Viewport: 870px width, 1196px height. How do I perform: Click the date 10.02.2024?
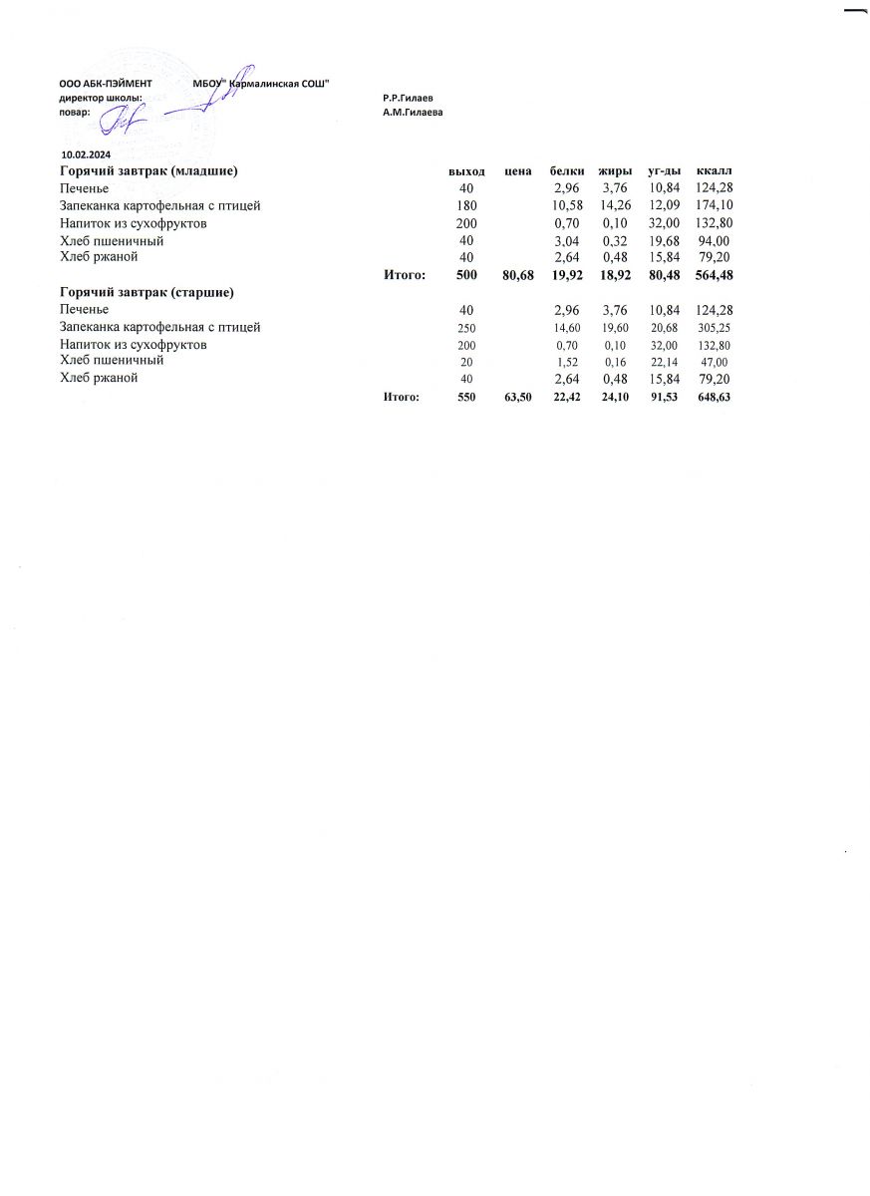[86, 155]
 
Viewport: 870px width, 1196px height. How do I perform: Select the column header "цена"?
[517, 171]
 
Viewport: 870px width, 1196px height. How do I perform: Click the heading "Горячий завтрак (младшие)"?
[148, 171]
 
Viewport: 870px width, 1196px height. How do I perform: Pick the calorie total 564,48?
[714, 275]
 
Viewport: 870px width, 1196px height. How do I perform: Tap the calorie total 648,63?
[714, 397]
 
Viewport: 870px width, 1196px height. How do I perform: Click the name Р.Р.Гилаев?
[407, 99]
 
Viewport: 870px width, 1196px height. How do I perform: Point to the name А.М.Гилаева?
[413, 113]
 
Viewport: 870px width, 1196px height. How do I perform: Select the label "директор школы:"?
[101, 99]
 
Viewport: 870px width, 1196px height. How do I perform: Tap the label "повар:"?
[75, 113]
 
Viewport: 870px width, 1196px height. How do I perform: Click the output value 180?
[466, 206]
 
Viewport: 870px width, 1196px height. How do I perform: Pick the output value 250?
[466, 328]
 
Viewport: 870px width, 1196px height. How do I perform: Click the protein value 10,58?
[566, 206]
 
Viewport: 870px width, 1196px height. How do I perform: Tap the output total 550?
[466, 397]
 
